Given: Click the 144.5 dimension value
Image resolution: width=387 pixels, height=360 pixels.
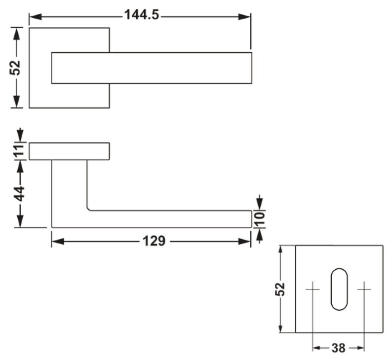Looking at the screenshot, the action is click(x=141, y=15).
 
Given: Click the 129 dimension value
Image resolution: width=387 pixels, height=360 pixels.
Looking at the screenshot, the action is click(x=154, y=241).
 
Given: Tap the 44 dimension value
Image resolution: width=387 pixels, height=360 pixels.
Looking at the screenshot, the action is click(x=19, y=193).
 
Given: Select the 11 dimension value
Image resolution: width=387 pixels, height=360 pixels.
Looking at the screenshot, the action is click(x=19, y=151).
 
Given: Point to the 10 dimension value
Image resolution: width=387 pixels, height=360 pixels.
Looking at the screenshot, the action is click(x=260, y=219).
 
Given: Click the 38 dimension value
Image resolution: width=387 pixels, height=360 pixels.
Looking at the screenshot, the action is click(x=339, y=348).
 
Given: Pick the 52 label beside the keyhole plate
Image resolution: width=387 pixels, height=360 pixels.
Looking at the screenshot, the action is click(x=280, y=289).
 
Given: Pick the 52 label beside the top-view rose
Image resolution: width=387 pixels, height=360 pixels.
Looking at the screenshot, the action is click(x=15, y=68).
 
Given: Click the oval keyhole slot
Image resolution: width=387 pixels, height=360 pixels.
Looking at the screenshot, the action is click(x=339, y=289).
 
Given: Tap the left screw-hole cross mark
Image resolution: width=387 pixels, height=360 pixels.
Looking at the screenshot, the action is click(x=313, y=289).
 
